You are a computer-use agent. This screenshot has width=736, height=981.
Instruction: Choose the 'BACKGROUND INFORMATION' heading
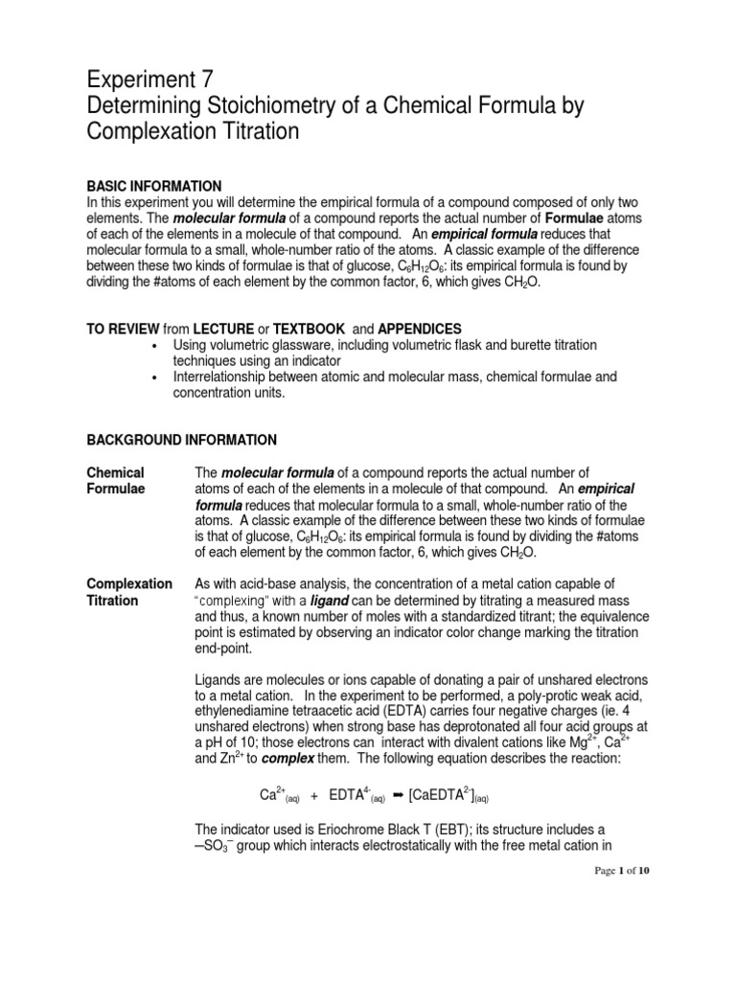pyautogui.click(x=182, y=440)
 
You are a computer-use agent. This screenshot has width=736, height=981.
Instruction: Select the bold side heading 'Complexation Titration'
pyautogui.click(x=130, y=592)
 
